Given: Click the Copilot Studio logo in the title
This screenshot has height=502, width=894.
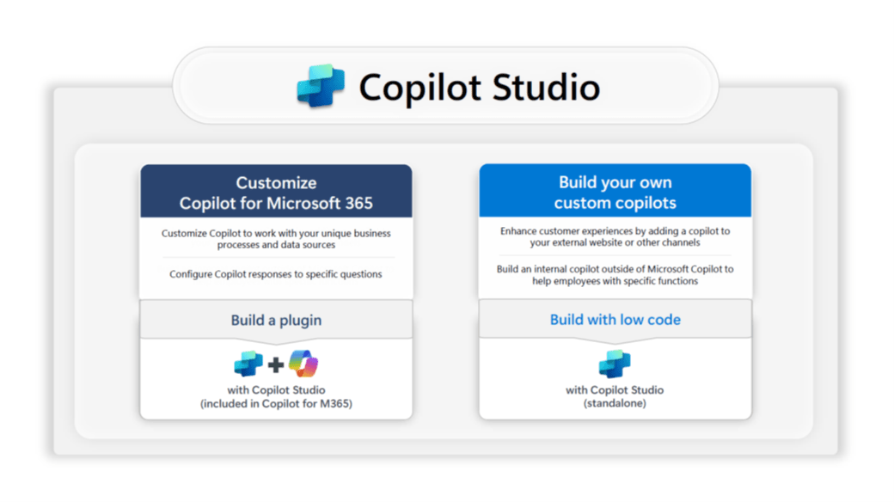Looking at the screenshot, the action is tap(321, 86).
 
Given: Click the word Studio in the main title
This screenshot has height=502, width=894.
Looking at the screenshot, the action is tap(546, 88).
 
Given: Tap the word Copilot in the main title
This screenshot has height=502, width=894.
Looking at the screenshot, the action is tap(420, 89).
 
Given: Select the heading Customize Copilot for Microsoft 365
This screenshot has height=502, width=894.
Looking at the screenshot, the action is tap(276, 193).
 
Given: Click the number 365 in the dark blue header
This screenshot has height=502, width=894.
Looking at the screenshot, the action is tap(358, 203).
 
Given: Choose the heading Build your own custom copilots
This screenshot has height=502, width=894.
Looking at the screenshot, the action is tap(615, 193).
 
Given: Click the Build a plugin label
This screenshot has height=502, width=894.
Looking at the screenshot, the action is tap(276, 320).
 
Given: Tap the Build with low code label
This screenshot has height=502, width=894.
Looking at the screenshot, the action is tap(615, 320).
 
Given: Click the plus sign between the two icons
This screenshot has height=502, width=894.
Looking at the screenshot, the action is tap(276, 364).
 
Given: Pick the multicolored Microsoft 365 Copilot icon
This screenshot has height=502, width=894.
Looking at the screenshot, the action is tap(303, 364).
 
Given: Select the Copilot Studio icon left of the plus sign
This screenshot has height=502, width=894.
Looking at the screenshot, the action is tap(248, 364).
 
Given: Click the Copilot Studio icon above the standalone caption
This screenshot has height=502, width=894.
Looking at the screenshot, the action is tap(615, 364).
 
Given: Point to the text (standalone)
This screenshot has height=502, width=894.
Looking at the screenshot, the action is tap(615, 403).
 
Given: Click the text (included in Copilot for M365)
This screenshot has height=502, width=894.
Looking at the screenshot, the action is tap(276, 404).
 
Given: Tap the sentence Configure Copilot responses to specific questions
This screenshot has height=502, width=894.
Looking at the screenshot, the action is tap(276, 274).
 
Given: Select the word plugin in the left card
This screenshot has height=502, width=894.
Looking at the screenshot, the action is tap(301, 321).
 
